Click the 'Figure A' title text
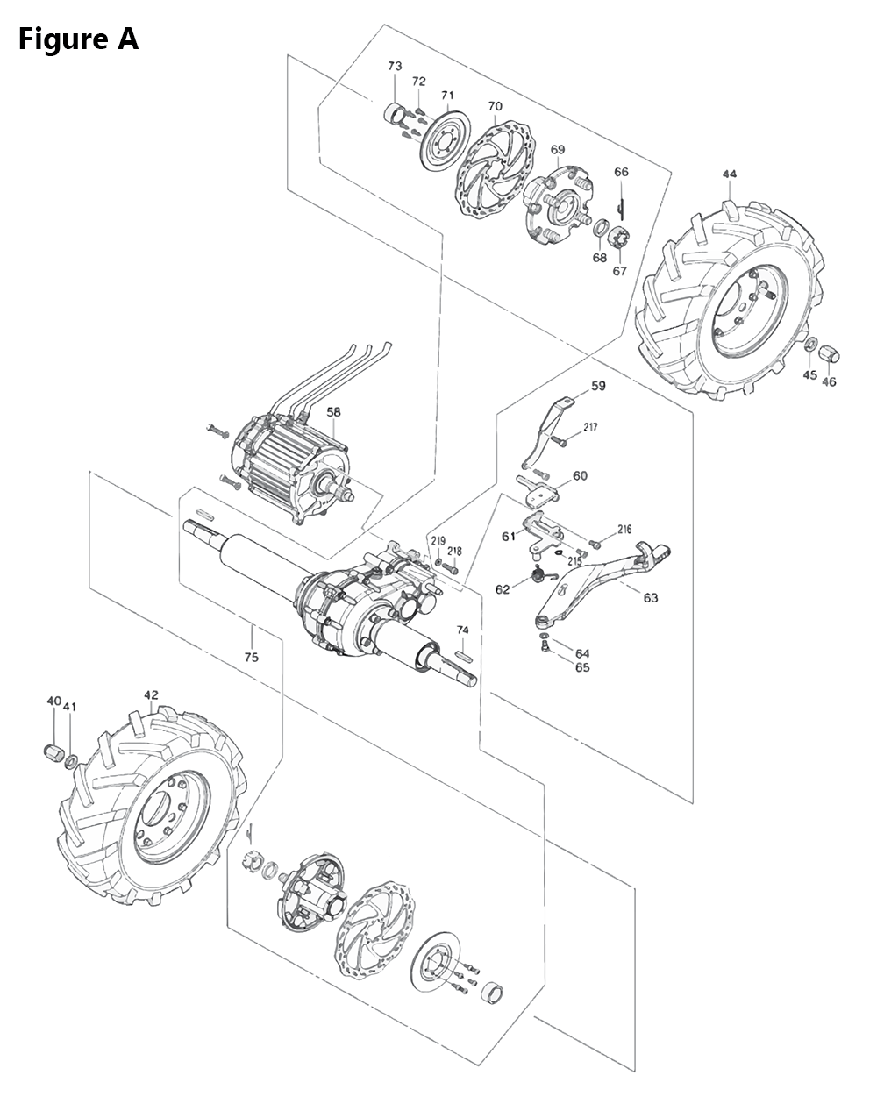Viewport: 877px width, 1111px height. [79, 39]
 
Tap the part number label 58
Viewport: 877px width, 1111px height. [334, 411]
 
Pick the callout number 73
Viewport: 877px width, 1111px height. [395, 67]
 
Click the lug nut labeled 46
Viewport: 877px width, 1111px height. [830, 354]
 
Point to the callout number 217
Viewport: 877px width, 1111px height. [589, 427]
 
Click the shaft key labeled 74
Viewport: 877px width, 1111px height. [465, 652]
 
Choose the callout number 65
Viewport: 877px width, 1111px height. [582, 667]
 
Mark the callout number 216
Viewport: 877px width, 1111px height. [624, 530]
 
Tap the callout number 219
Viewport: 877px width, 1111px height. [438, 540]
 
